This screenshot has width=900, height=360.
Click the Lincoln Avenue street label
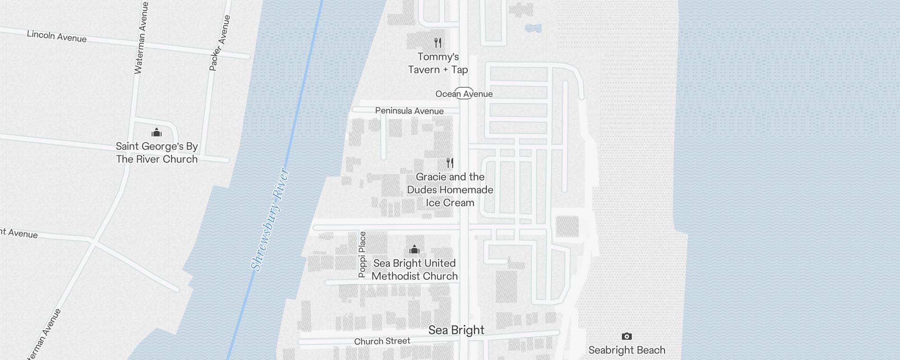click(x=57, y=36)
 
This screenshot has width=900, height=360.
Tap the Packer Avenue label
click(x=220, y=43)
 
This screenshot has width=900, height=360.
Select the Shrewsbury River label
click(x=269, y=220)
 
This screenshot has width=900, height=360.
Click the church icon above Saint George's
click(x=157, y=132)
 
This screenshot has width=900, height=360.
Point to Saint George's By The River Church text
click(x=157, y=153)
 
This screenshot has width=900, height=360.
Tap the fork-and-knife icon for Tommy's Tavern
click(x=438, y=43)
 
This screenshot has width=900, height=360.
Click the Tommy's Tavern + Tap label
click(x=438, y=63)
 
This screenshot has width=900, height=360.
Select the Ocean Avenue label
click(x=464, y=94)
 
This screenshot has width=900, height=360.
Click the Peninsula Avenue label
click(x=409, y=111)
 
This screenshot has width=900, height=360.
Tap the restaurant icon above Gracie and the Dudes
click(x=450, y=162)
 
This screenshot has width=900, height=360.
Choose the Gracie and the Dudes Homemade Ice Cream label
click(x=450, y=189)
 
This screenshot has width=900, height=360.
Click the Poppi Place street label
click(x=362, y=254)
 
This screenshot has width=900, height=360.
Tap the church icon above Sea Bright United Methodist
click(x=414, y=249)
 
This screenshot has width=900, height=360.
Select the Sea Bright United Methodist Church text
click(x=414, y=270)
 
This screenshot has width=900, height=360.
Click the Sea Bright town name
click(x=456, y=330)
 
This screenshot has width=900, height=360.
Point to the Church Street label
click(x=382, y=341)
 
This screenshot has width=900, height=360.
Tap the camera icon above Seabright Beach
click(x=626, y=336)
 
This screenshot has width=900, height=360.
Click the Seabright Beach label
click(x=626, y=350)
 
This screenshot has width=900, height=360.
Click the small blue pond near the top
click(x=533, y=28)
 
